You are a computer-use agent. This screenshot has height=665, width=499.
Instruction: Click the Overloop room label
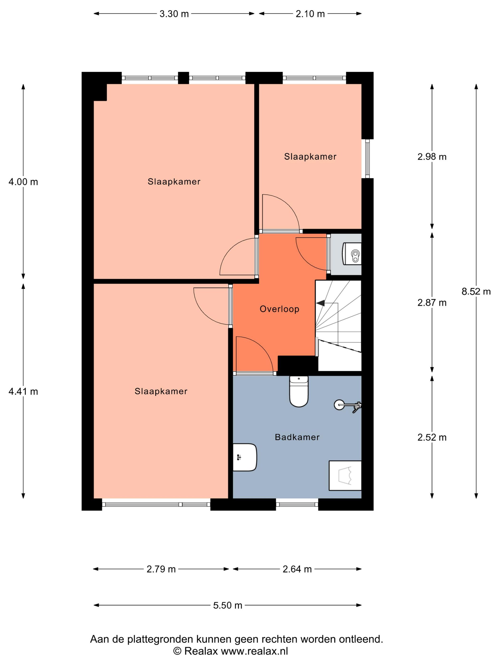[x=279, y=309]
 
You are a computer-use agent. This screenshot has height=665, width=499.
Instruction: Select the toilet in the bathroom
[x=299, y=391]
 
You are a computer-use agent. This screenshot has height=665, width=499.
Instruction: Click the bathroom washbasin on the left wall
[x=245, y=457]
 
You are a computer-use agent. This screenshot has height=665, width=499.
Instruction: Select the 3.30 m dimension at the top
[x=174, y=14]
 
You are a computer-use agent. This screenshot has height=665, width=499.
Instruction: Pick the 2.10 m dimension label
[x=310, y=14]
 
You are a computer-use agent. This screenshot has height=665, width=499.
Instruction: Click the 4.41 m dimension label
[x=23, y=391]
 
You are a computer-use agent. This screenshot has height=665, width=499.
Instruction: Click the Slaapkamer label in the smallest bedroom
[x=310, y=157]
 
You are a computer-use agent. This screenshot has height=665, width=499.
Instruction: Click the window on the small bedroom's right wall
[x=367, y=158]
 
